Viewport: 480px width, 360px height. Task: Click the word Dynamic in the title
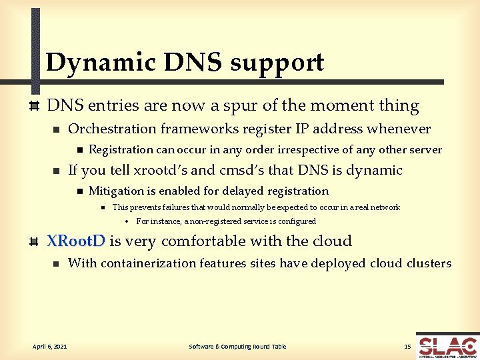[100, 63]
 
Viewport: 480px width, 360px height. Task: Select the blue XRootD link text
[75, 241]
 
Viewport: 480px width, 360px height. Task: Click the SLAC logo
[447, 346]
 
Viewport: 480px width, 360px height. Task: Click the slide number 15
[407, 346]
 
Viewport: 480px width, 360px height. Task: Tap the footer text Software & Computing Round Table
[237, 346]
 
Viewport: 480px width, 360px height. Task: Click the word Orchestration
[111, 129]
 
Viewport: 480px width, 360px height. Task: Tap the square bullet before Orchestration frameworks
[56, 129]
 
